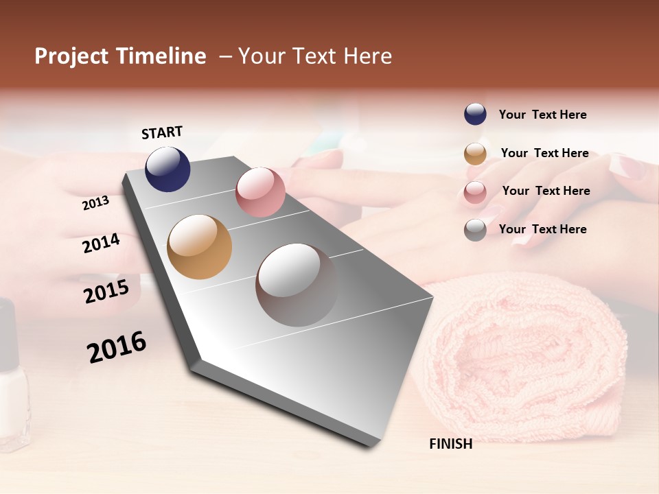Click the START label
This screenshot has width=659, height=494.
[x=162, y=132]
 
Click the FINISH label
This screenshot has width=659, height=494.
[x=450, y=444]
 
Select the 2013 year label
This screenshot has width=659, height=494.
[x=95, y=203]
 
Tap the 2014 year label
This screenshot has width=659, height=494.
[x=101, y=244]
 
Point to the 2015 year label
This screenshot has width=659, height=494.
[x=106, y=292]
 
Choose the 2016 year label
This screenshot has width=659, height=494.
[x=117, y=346]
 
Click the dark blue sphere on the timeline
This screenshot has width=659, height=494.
[x=167, y=169]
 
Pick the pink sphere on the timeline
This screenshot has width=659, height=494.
[x=260, y=192]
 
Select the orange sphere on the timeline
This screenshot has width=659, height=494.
[x=199, y=247]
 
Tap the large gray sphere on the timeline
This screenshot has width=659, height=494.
[x=297, y=285]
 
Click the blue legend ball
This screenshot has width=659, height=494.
[x=475, y=115]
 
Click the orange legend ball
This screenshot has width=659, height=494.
[x=475, y=154]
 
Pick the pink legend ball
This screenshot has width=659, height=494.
[x=475, y=192]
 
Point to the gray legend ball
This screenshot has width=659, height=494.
[x=475, y=230]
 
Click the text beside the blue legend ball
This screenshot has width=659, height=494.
[x=542, y=115]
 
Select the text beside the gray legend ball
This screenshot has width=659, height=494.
[x=542, y=229]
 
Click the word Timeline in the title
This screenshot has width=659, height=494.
[x=161, y=56]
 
